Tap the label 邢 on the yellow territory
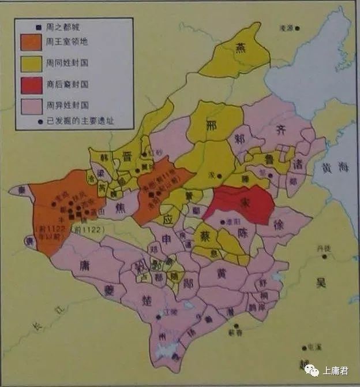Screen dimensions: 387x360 point(212,128)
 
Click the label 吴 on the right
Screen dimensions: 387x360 point(321,282)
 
